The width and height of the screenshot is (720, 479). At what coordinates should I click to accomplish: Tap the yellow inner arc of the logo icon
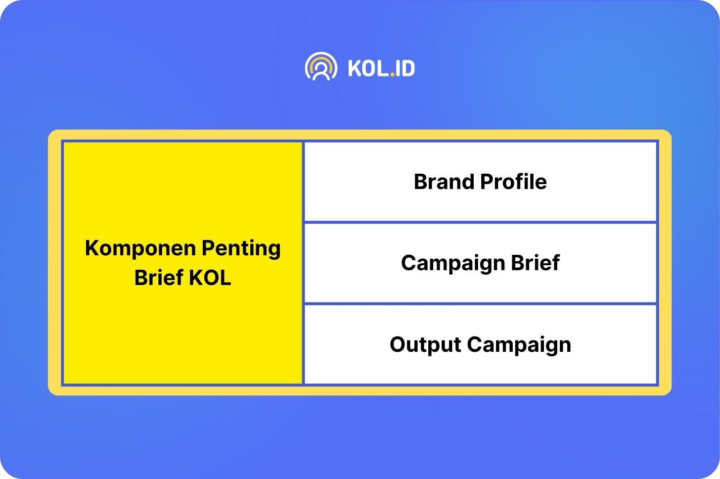321,59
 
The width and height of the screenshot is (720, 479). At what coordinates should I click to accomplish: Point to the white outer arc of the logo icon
321,54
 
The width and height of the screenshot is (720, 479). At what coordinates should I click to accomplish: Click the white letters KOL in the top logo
368,68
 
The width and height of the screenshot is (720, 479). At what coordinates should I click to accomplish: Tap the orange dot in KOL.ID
393,74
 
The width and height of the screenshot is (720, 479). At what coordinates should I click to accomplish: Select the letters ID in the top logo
405,68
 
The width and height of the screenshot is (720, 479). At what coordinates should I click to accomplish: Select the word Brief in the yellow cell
159,277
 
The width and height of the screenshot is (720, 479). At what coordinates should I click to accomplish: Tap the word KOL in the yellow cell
210,277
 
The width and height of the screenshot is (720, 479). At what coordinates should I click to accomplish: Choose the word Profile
513,182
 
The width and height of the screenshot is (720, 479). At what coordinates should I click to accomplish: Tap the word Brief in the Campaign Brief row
535,262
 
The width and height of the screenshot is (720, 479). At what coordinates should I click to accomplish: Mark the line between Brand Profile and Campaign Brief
480,222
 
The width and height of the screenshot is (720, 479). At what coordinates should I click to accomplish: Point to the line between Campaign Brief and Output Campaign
480,303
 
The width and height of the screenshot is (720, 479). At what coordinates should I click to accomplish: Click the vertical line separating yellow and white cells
303,263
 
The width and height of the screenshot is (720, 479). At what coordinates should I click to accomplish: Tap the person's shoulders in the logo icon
321,76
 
